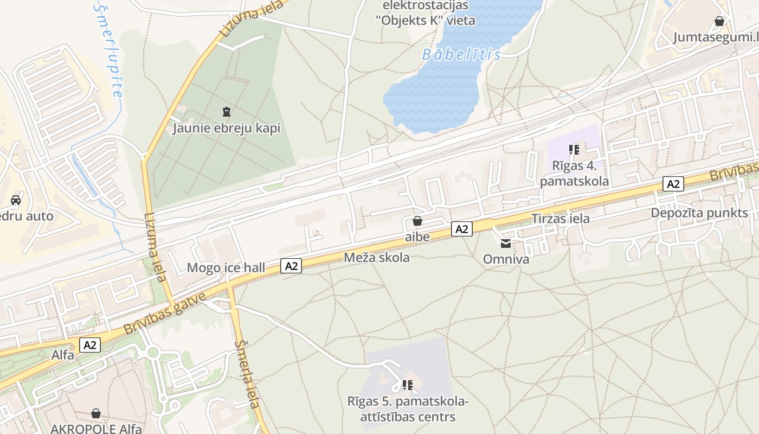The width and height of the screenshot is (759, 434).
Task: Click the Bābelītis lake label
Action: (x=461, y=55)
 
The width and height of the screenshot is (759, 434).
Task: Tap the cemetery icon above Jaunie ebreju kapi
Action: (x=226, y=112)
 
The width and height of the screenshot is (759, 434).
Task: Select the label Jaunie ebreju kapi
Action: (x=226, y=129)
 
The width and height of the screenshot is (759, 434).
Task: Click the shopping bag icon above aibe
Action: (x=417, y=221)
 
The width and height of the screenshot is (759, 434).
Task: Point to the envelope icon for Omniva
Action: (x=506, y=244)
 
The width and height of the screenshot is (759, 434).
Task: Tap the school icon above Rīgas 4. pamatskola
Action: (x=574, y=149)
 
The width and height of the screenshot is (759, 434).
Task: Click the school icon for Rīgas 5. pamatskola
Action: (x=408, y=385)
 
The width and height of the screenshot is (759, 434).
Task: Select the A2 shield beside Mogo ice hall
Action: (x=292, y=265)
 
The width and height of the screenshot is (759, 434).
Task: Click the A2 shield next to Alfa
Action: (x=90, y=344)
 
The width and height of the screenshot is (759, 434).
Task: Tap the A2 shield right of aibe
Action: (x=461, y=229)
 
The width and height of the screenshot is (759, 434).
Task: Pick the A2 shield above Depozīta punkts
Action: (x=673, y=184)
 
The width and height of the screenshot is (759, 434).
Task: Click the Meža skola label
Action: (x=377, y=258)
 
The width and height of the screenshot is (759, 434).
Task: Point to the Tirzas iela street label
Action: (x=561, y=219)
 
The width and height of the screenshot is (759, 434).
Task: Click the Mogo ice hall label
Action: (x=226, y=267)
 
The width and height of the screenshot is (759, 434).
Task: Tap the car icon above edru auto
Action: (x=16, y=200)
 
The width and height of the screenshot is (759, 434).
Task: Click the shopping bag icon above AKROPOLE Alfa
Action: (x=96, y=413)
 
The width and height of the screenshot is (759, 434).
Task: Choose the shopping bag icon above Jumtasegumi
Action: (x=719, y=21)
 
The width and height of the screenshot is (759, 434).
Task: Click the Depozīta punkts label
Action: (x=699, y=213)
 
